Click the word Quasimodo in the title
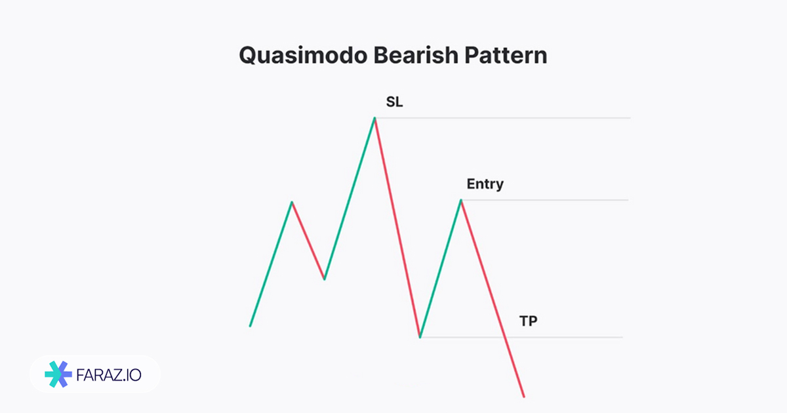(303, 56)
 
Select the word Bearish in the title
(416, 55)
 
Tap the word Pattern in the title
(506, 55)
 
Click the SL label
(395, 102)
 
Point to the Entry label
(485, 184)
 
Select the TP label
(529, 321)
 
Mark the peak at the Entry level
(461, 200)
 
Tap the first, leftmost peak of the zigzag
(292, 202)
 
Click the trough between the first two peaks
(324, 279)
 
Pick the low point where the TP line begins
(420, 337)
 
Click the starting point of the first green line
(250, 326)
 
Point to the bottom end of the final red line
(524, 397)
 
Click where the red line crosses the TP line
(505, 337)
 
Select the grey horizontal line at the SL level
(503, 118)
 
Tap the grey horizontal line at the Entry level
(545, 200)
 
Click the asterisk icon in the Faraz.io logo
(58, 374)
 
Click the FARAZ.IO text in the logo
(109, 375)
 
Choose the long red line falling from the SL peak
(397, 227)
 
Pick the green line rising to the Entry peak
(441, 269)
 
